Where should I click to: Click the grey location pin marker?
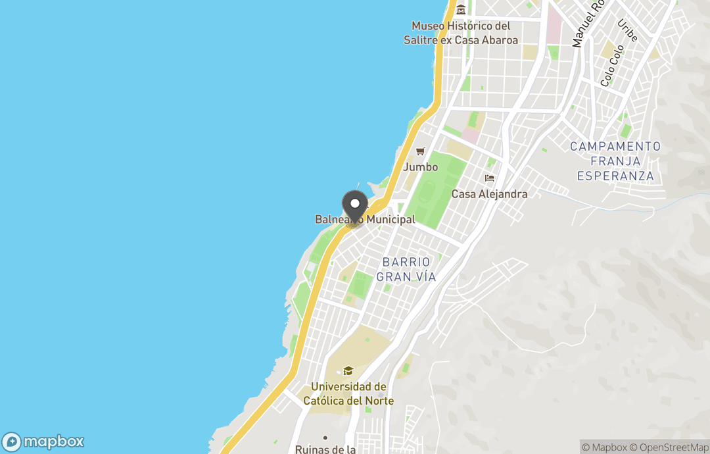355,205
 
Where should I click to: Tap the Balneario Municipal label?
365,220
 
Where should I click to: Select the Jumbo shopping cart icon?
420,151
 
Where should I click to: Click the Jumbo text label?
421,167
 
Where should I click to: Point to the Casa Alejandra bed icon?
489,178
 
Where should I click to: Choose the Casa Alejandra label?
489,194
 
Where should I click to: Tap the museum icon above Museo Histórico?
461,9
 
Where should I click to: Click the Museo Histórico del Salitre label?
461,33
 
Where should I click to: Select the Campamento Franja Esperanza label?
615,161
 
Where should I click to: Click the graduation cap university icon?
348,371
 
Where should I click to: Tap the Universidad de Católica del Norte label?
352,393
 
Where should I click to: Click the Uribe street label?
628,31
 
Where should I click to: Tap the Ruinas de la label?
325,449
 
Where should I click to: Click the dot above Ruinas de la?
325,438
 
